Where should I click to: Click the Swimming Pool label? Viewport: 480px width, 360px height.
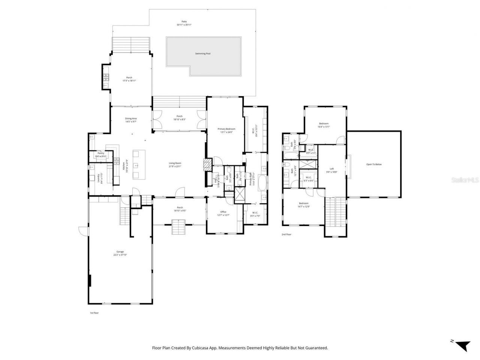point(202,54)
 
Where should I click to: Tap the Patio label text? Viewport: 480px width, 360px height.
point(184,22)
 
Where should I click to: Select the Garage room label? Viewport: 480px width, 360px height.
point(120,252)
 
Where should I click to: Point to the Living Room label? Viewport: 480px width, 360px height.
point(175,163)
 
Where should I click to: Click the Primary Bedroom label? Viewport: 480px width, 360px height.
point(226,129)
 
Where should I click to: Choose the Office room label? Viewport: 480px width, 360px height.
point(223,212)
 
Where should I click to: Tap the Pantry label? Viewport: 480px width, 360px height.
point(101,153)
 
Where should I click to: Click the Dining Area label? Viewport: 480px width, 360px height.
point(131,118)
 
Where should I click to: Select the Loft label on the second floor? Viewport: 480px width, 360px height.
point(331,169)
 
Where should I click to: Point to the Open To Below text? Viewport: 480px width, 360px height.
point(374,164)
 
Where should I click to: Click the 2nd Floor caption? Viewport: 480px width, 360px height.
point(286,234)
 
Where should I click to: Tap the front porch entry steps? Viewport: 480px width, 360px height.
point(178,228)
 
